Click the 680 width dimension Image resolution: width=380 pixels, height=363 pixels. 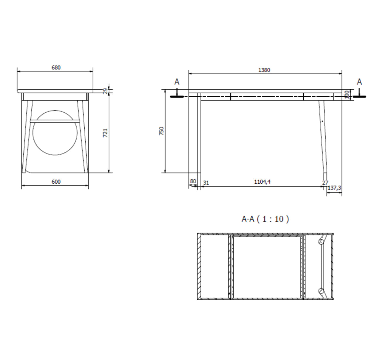click(56, 68)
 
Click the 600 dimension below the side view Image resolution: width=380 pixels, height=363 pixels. click(56, 181)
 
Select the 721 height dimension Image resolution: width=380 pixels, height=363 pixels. click(105, 133)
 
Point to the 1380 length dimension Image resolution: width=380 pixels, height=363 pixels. click(264, 70)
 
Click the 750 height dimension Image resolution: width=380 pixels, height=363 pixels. click(162, 131)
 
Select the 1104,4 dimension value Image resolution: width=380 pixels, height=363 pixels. click(262, 182)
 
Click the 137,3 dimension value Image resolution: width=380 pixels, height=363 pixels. click(334, 188)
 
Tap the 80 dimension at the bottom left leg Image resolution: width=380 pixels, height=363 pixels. click(193, 181)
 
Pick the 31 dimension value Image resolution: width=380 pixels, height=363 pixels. click(206, 183)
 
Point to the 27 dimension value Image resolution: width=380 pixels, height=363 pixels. click(325, 183)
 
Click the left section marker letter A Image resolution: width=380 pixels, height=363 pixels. click(177, 82)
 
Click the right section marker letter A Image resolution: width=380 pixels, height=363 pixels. click(359, 82)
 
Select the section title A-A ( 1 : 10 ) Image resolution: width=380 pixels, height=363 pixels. click(265, 219)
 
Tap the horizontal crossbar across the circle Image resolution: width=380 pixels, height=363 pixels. click(55, 120)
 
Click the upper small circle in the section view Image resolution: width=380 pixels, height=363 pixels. click(321, 241)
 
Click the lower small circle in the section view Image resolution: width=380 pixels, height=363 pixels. click(321, 291)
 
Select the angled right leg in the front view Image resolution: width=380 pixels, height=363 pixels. click(323, 136)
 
